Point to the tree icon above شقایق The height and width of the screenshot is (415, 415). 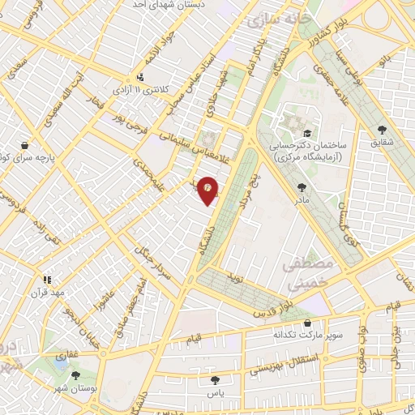(383, 129)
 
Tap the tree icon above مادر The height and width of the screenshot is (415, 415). (302, 186)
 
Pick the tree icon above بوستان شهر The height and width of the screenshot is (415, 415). (75, 375)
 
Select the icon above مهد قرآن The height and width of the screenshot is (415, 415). (47, 280)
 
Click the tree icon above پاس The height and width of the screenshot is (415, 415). (214, 379)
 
